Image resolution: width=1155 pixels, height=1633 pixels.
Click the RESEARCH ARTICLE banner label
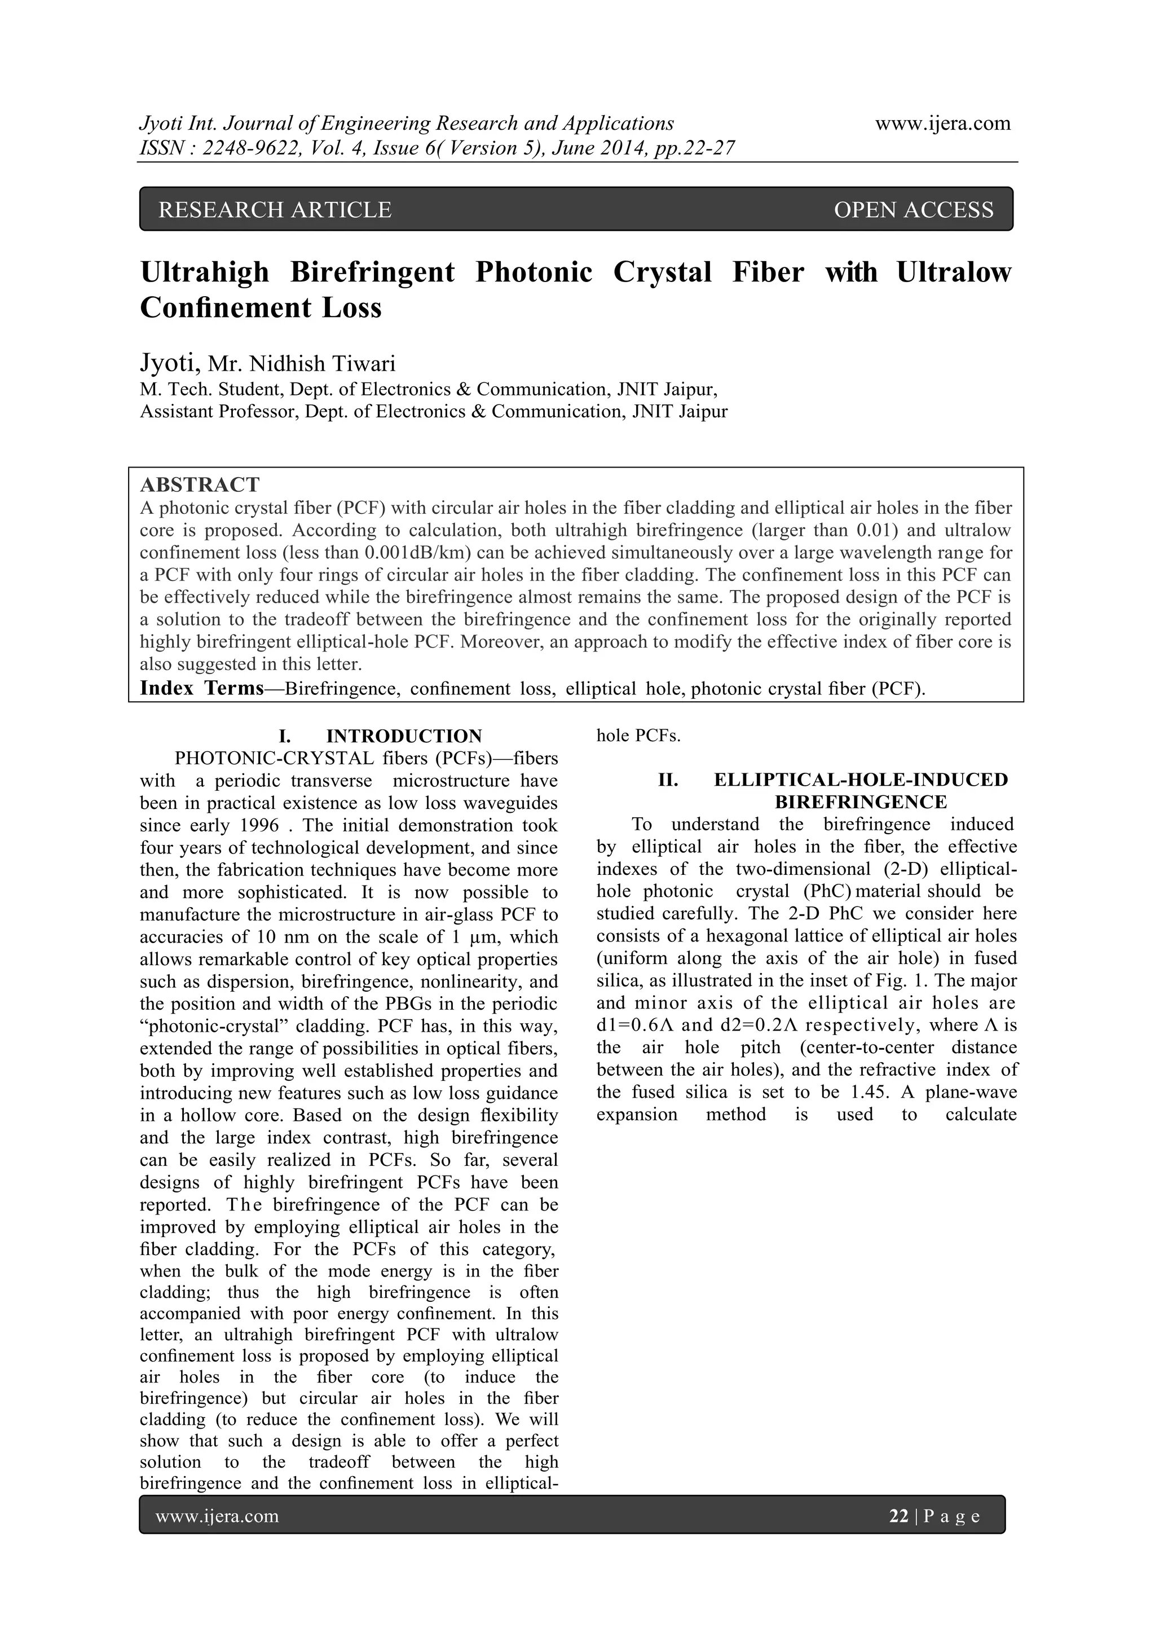[275, 210]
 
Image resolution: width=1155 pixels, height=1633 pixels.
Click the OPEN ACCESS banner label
[913, 210]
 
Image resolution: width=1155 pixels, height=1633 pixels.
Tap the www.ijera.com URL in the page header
[942, 123]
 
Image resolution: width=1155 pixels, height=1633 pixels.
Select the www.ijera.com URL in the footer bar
[217, 1516]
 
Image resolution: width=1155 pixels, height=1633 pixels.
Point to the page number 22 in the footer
[899, 1516]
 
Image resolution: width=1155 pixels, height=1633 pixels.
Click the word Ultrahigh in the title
[205, 272]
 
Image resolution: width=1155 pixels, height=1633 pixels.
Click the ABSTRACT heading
[200, 485]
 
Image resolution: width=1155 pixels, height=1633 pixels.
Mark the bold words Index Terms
[201, 689]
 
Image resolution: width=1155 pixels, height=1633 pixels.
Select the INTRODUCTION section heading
[404, 736]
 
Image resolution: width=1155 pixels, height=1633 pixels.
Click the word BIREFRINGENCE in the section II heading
[861, 802]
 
